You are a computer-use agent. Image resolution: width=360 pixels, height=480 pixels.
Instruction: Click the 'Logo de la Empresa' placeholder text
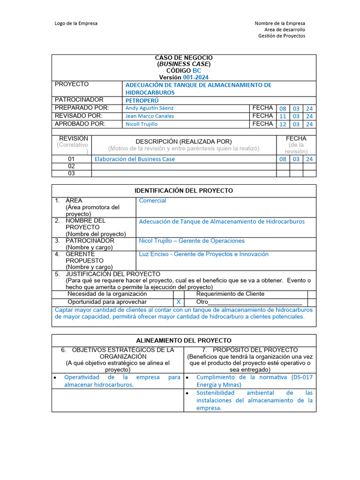(x=76, y=23)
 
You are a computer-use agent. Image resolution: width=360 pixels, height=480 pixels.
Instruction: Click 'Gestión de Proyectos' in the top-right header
(x=281, y=36)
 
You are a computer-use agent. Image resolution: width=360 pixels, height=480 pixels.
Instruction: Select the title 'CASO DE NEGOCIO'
(x=184, y=58)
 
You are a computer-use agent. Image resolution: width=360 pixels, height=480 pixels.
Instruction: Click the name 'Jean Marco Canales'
(x=150, y=116)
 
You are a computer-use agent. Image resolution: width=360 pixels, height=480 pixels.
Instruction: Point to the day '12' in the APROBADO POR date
(x=283, y=124)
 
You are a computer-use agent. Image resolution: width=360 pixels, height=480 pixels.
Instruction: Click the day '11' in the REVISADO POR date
(x=283, y=116)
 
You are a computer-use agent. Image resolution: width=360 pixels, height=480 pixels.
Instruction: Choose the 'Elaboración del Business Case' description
(x=135, y=159)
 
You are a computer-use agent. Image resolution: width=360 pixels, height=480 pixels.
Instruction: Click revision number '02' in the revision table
(x=71, y=166)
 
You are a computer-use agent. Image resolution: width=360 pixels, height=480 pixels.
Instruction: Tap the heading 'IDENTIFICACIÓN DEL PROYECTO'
(x=184, y=191)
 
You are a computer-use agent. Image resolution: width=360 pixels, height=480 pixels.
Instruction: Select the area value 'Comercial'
(x=152, y=201)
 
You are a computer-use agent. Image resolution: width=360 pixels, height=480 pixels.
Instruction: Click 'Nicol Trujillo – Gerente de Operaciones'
(x=192, y=241)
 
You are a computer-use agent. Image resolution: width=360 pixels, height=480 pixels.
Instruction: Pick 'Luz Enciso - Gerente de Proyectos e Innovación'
(x=203, y=254)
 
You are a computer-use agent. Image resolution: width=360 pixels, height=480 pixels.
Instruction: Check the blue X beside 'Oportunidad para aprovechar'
(x=178, y=302)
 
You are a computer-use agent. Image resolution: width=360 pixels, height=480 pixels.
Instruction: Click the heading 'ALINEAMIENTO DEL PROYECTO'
(x=184, y=340)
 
